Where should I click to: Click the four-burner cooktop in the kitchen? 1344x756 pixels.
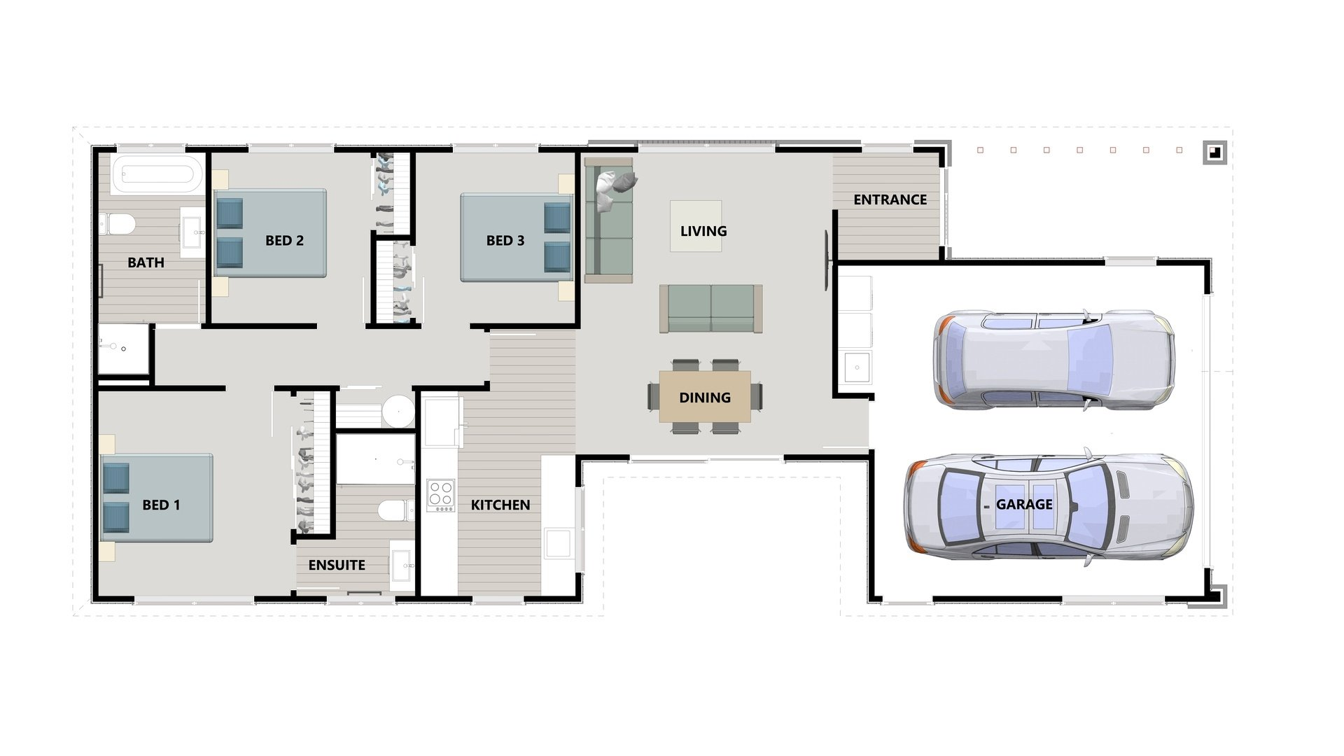point(441,495)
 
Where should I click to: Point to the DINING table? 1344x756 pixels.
point(705,397)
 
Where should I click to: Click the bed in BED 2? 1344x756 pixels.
point(270,233)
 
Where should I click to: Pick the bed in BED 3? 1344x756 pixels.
point(517,237)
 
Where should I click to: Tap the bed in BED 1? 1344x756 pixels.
point(157,498)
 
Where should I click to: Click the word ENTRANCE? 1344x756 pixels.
point(890,199)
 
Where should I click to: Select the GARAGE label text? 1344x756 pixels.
point(1024,504)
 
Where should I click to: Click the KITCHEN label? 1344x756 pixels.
point(500,505)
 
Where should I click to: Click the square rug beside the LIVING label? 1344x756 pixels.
point(696,226)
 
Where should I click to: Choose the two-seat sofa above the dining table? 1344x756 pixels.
point(711,309)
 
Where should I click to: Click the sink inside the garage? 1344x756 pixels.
point(857,367)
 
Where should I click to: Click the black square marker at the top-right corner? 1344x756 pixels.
point(1214,152)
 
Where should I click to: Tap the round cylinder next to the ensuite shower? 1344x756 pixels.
point(398,411)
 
